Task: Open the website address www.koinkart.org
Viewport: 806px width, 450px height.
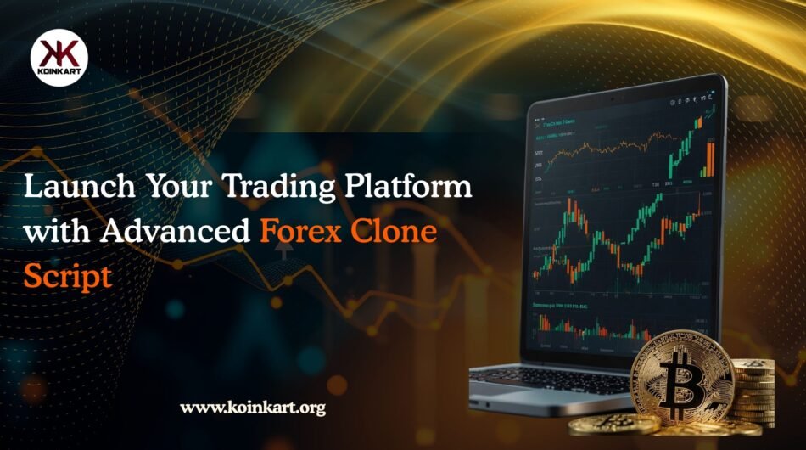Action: [253, 408]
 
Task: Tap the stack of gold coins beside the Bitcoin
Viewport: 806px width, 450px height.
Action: [753, 390]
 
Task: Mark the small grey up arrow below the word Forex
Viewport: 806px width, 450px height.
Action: [283, 251]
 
